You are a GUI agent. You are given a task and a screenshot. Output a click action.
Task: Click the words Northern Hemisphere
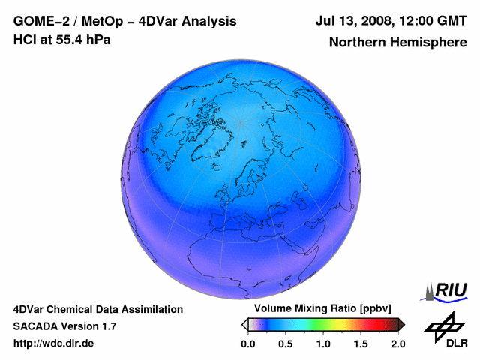click(x=397, y=42)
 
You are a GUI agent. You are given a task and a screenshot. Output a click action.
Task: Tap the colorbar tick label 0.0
click(x=247, y=343)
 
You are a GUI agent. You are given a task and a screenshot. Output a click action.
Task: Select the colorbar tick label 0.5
click(x=285, y=343)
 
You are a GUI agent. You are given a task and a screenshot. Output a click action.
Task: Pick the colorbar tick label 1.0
click(x=322, y=343)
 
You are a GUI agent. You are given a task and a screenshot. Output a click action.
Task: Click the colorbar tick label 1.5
click(x=360, y=343)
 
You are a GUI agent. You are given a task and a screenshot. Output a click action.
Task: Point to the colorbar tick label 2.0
click(x=397, y=343)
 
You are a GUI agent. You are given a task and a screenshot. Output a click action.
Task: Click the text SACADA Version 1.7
click(x=64, y=326)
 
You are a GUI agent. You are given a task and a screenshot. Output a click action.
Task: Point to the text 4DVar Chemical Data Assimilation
click(x=97, y=309)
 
